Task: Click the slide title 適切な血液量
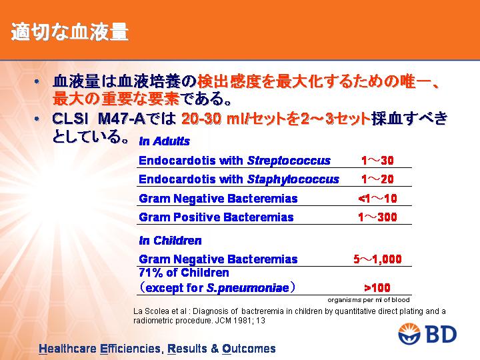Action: pyautogui.click(x=69, y=32)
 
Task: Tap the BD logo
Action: pyautogui.click(x=427, y=334)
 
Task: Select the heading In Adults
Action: pyautogui.click(x=165, y=141)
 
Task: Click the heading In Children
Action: pyautogui.click(x=170, y=241)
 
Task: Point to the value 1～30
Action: pyautogui.click(x=377, y=161)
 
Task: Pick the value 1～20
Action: pyautogui.click(x=377, y=179)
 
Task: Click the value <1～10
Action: pyautogui.click(x=377, y=199)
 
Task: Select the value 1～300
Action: pyautogui.click(x=377, y=217)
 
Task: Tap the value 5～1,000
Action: pyautogui.click(x=377, y=259)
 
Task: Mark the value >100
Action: pyautogui.click(x=377, y=288)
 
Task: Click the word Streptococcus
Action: pyautogui.click(x=289, y=161)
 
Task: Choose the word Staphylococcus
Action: pyautogui.click(x=293, y=179)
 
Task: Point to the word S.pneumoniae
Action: pyautogui.click(x=248, y=288)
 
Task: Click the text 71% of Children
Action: pyautogui.click(x=184, y=273)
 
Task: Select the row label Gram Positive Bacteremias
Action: pyautogui.click(x=216, y=217)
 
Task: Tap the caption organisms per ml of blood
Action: pyautogui.click(x=369, y=300)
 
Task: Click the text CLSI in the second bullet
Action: pyautogui.click(x=68, y=119)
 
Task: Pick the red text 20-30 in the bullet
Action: pyautogui.click(x=201, y=119)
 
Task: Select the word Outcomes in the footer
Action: pyautogui.click(x=249, y=349)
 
